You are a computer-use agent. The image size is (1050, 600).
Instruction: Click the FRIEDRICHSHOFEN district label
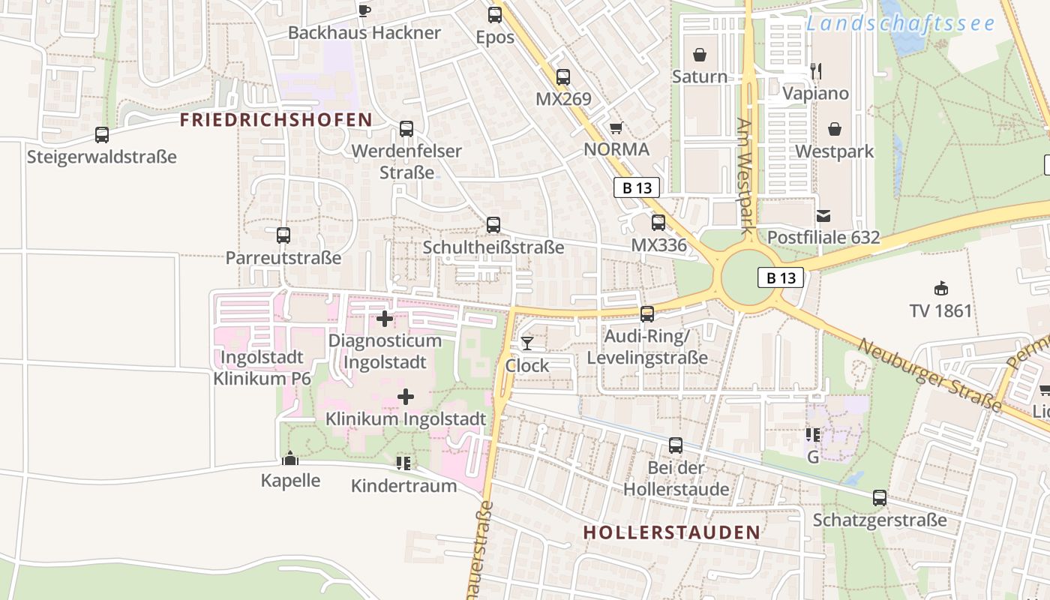point(276,120)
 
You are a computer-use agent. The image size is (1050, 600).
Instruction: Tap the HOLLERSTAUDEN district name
point(671,532)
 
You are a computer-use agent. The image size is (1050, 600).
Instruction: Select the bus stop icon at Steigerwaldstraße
point(102,135)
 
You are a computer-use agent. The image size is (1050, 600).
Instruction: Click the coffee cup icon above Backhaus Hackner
point(364,10)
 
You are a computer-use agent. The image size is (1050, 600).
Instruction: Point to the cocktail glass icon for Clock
point(527,343)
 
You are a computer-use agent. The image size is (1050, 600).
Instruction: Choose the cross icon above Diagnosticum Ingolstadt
point(385,319)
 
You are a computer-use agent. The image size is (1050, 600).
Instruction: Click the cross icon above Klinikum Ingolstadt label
point(406,397)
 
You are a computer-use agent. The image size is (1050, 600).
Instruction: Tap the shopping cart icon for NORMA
point(616,127)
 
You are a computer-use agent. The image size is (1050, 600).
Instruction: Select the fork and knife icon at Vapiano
point(816,71)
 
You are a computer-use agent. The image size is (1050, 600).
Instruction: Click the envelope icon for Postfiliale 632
point(823,216)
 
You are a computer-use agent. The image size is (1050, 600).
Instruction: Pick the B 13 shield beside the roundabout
point(781,277)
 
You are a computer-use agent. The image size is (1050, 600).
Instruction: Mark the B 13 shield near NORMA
point(637,187)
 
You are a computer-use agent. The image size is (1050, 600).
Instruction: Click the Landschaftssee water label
point(900,23)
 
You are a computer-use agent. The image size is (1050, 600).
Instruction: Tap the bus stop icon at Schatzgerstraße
point(880,498)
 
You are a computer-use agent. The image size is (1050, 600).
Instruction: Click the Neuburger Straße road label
point(929,374)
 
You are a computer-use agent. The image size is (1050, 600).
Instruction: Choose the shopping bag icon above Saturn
point(700,55)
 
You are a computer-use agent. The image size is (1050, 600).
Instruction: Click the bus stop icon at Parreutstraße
point(283,235)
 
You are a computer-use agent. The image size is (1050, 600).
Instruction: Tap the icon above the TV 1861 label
point(940,289)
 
